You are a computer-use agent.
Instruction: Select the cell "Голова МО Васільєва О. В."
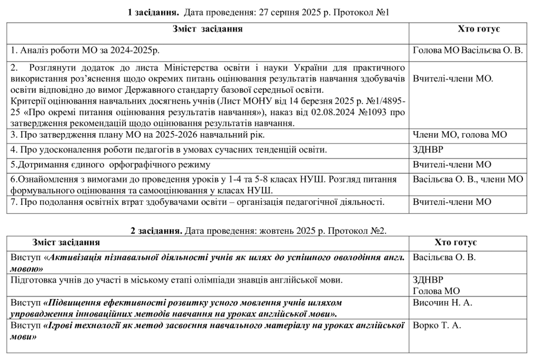(x=468, y=51)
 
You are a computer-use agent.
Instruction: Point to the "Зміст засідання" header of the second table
(x=66, y=243)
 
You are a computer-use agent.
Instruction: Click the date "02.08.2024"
(x=343, y=112)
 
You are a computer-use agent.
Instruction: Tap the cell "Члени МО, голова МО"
(x=460, y=135)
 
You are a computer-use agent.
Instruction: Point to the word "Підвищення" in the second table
(x=71, y=303)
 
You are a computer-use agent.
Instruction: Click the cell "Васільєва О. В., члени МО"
(x=468, y=179)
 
